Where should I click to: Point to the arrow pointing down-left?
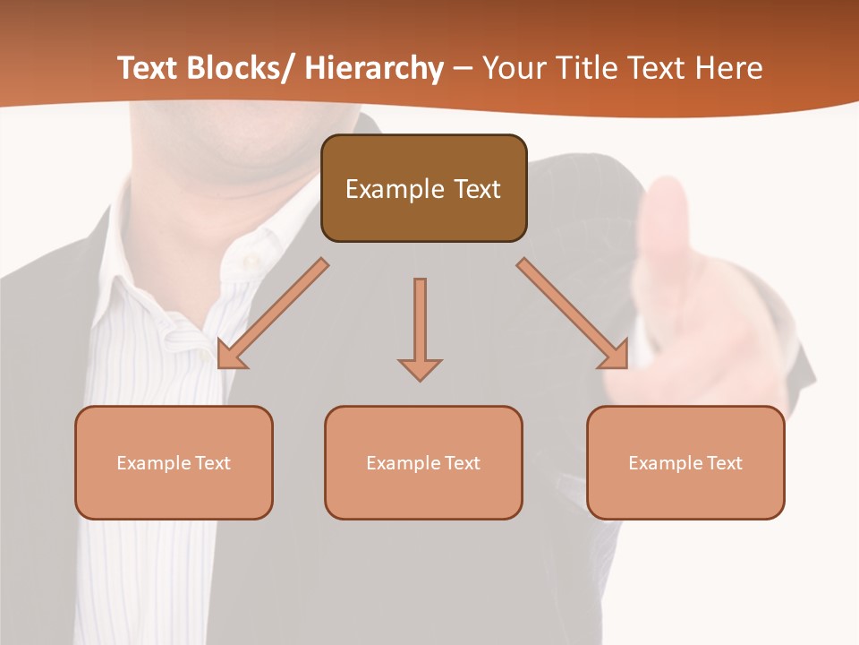click(269, 315)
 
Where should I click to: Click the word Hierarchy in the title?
click(374, 69)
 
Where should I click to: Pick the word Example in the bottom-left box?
click(153, 463)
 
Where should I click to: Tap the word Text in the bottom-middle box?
click(462, 463)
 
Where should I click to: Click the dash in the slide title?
click(463, 69)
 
